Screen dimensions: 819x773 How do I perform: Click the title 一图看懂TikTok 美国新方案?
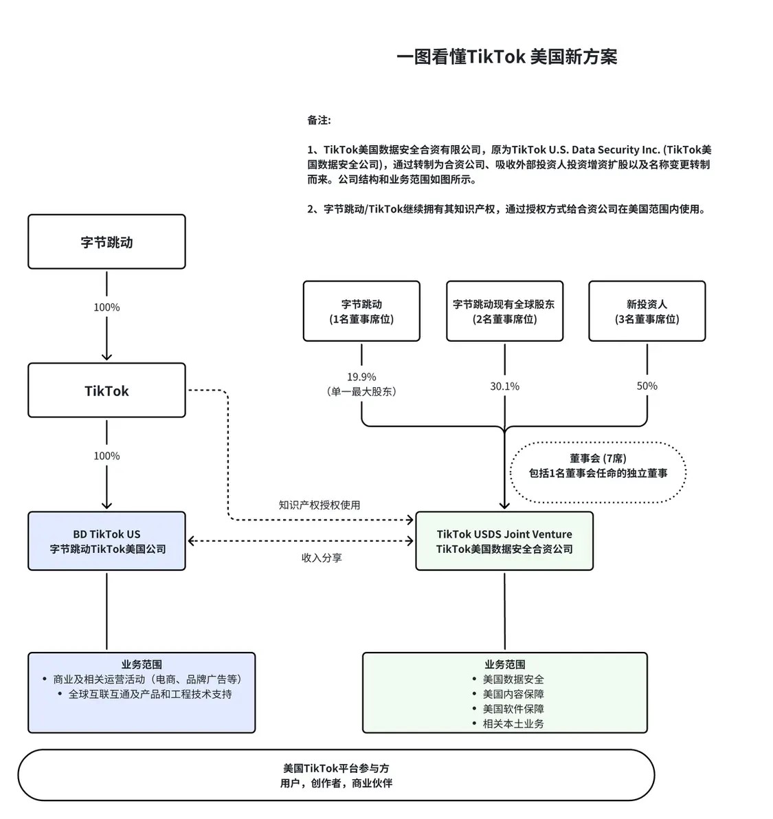coord(506,56)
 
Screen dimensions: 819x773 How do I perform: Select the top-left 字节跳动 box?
coord(107,242)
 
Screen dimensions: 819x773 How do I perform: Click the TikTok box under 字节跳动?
coord(107,391)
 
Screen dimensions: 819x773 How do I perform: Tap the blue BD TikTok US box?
coord(107,541)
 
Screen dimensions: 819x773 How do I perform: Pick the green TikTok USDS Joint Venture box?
coord(504,541)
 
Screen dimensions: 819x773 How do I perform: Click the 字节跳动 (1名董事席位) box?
coord(361,312)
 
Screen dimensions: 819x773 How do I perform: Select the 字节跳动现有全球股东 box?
coord(504,312)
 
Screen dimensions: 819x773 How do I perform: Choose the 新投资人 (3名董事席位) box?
coord(647,312)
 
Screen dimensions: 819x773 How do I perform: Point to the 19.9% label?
coord(361,377)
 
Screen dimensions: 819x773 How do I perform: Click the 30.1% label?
coord(504,386)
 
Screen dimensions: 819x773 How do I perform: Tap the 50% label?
coord(647,386)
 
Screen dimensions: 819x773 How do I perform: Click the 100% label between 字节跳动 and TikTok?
coord(107,307)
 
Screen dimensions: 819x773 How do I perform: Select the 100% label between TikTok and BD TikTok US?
coord(107,456)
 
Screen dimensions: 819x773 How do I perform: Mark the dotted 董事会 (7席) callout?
coord(598,466)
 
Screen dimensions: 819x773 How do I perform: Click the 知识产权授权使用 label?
coord(319,505)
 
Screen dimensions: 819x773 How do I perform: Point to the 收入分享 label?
coord(322,558)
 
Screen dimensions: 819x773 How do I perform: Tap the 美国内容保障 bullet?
coord(513,694)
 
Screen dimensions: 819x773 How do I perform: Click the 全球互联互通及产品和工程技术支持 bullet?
coord(150,694)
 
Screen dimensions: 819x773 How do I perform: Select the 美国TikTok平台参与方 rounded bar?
coord(336,775)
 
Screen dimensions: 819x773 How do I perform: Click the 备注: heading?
coord(319,120)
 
